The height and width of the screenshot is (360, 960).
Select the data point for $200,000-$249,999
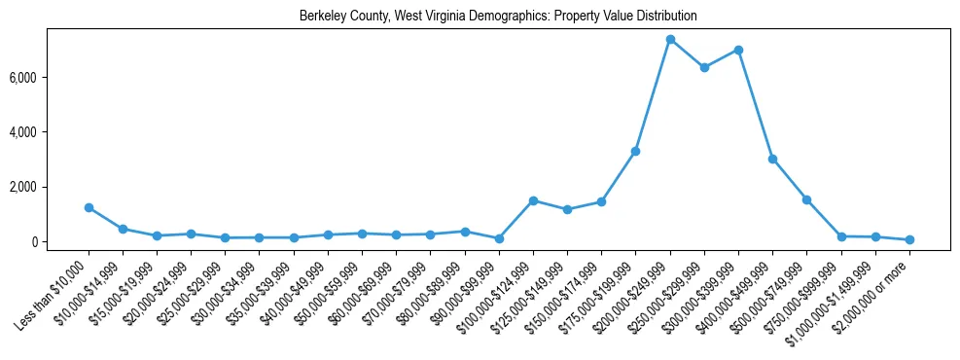click(x=670, y=39)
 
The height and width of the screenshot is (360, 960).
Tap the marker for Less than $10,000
click(x=89, y=207)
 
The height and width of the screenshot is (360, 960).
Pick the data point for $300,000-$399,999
click(x=738, y=50)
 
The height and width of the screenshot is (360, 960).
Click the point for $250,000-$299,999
click(x=704, y=67)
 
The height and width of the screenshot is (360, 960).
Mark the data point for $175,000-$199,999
click(x=635, y=151)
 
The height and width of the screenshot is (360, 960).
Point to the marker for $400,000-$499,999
click(x=772, y=159)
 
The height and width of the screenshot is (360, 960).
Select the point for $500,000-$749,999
click(x=806, y=199)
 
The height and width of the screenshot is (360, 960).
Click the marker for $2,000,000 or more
click(x=909, y=239)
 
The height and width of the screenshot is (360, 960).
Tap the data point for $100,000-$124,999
click(x=533, y=200)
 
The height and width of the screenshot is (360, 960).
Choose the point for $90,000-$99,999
click(x=499, y=238)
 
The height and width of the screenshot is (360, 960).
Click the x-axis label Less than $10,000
click(x=54, y=291)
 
